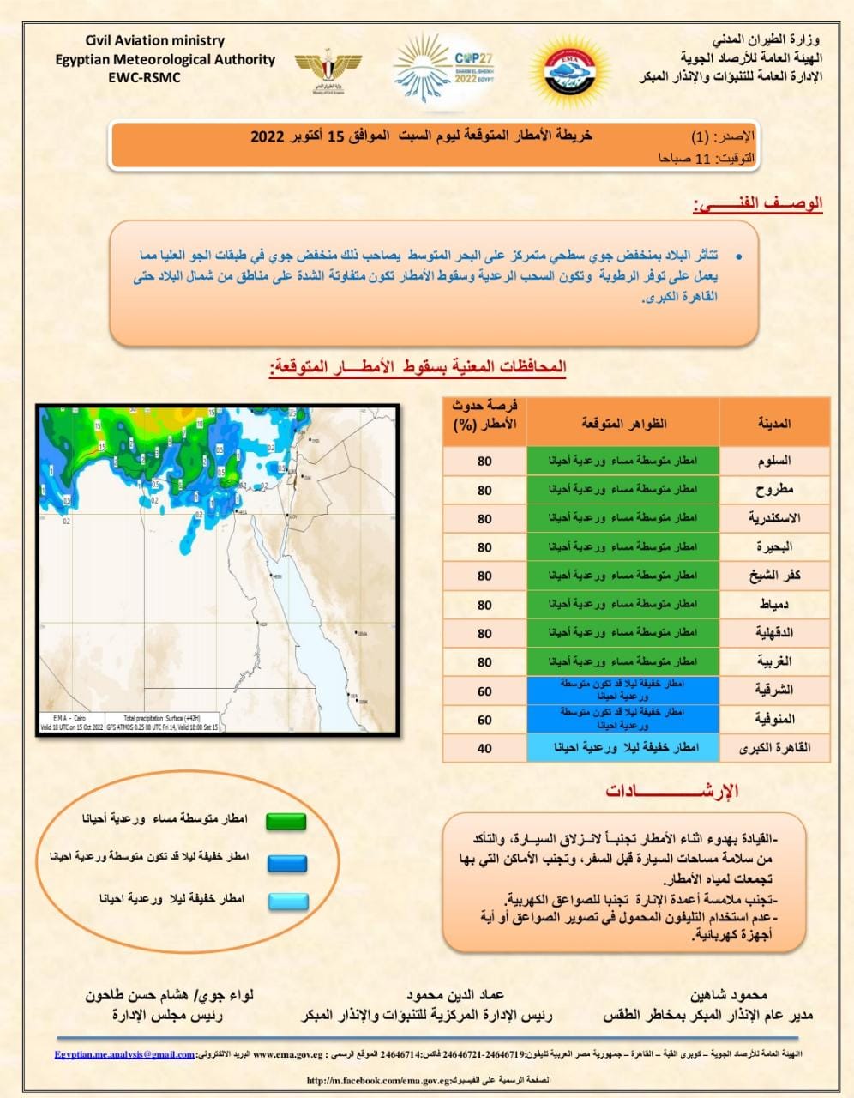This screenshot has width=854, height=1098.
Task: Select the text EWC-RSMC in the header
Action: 145,76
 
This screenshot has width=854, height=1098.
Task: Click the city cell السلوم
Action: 773,461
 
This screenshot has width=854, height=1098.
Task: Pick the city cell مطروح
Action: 773,490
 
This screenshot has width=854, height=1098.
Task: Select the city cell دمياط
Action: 773,605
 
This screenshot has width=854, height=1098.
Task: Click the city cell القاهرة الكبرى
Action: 773,748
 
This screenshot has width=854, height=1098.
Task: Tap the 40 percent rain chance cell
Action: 484,748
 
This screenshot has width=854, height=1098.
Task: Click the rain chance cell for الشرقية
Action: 484,691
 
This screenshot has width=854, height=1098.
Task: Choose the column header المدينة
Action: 773,423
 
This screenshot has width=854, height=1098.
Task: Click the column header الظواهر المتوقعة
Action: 622,423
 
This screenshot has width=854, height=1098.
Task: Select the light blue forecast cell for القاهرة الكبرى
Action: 622,748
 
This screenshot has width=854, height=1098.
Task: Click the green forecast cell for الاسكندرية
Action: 622,518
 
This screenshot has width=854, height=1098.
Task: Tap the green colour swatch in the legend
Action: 286,821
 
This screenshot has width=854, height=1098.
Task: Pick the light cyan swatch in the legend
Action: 286,901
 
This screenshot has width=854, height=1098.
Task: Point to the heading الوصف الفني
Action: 758,204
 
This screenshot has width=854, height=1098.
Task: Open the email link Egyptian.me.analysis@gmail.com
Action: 125,1054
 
